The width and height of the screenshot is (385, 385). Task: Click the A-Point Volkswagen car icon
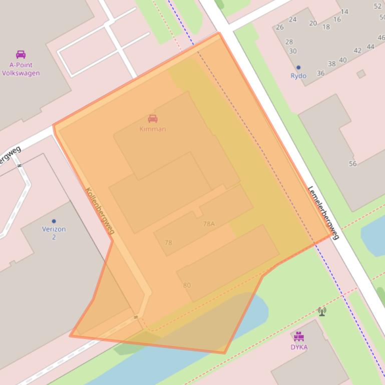pyautogui.click(x=21, y=54)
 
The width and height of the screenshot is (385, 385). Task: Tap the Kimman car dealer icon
pyautogui.click(x=153, y=118)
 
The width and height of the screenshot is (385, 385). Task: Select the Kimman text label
pyautogui.click(x=153, y=129)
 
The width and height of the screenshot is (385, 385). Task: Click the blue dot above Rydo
pyautogui.click(x=298, y=67)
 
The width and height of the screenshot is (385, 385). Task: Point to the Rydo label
pyautogui.click(x=298, y=76)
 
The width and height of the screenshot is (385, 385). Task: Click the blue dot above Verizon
pyautogui.click(x=54, y=221)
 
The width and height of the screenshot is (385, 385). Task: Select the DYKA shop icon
pyautogui.click(x=299, y=336)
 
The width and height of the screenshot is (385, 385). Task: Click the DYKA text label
pyautogui.click(x=299, y=347)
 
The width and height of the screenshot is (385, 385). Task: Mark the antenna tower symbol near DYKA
pyautogui.click(x=322, y=311)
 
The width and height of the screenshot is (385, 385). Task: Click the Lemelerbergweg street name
pyautogui.click(x=323, y=212)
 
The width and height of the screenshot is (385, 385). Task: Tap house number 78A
pyautogui.click(x=209, y=224)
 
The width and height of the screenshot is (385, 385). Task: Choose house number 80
pyautogui.click(x=187, y=285)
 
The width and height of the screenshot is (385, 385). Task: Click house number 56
pyautogui.click(x=353, y=163)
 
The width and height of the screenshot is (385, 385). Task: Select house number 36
pyautogui.click(x=320, y=73)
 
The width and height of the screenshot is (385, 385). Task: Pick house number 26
pyautogui.click(x=279, y=27)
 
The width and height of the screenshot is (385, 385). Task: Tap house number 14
pyautogui.click(x=344, y=11)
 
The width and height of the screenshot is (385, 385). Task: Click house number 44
pyautogui.click(x=370, y=46)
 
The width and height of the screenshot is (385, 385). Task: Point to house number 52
pyautogui.click(x=377, y=6)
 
